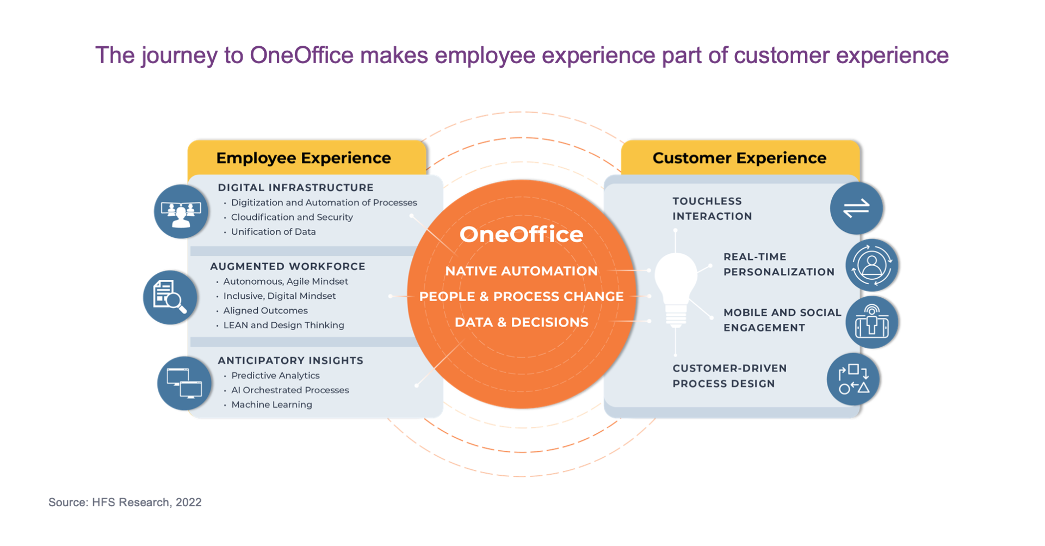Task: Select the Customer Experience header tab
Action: pos(740,157)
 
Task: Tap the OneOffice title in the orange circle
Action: pos(521,234)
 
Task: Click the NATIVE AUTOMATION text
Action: pos(521,271)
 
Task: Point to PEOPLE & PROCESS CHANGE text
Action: pos(521,296)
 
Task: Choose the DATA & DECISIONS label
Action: pos(521,322)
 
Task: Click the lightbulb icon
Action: pos(676,290)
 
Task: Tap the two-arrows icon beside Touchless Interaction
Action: pos(856,208)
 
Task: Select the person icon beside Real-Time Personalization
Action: pos(871,265)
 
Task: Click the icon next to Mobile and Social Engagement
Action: pos(871,322)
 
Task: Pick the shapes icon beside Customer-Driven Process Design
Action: pos(853,379)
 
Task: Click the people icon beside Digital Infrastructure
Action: pos(181,211)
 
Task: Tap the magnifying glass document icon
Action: pos(170,297)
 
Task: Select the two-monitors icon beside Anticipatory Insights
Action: pos(184,383)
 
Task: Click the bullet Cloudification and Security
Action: pos(292,217)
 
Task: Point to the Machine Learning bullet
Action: pos(271,404)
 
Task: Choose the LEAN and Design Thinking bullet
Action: pos(283,325)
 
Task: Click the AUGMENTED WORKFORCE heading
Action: pos(288,266)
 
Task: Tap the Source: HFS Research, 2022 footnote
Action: pos(125,502)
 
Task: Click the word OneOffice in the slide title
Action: pos(301,55)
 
